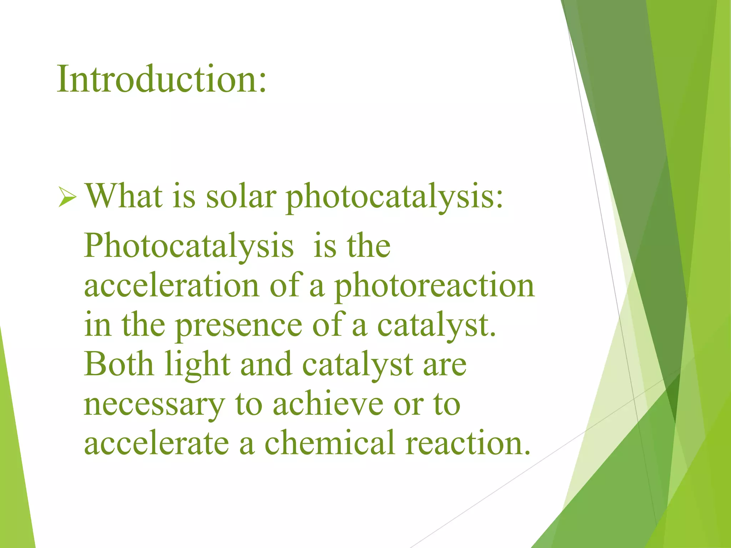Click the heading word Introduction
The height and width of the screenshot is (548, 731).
pos(157,79)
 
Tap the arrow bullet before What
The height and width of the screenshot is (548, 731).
pos(67,198)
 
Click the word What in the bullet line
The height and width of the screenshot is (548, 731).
pos(124,196)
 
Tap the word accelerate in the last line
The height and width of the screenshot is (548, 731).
pos(156,443)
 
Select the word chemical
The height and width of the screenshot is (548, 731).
pos(330,443)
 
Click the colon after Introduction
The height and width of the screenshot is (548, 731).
pos(263,82)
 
